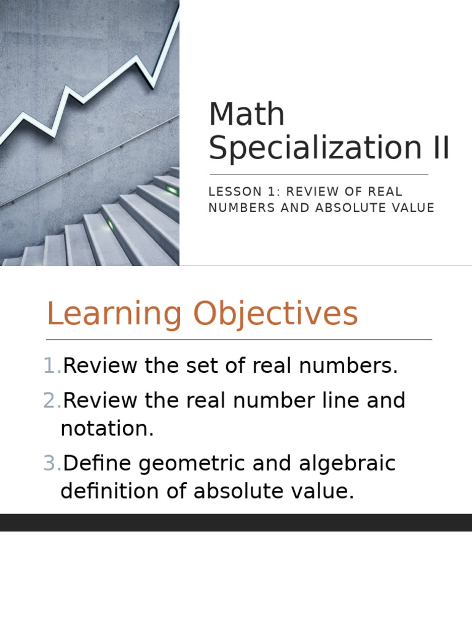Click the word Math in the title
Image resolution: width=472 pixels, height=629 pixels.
tap(246, 115)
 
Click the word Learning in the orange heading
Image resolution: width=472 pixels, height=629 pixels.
tap(114, 314)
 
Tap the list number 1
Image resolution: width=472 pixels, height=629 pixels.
tap(52, 367)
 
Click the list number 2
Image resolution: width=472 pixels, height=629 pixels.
tap(52, 401)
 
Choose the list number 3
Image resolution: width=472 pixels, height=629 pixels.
tap(52, 464)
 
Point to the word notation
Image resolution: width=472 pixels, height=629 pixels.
tap(107, 429)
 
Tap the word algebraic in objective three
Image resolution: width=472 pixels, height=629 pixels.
tap(347, 464)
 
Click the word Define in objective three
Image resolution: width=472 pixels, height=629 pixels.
tap(97, 464)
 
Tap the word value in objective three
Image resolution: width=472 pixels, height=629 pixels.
tap(323, 492)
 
